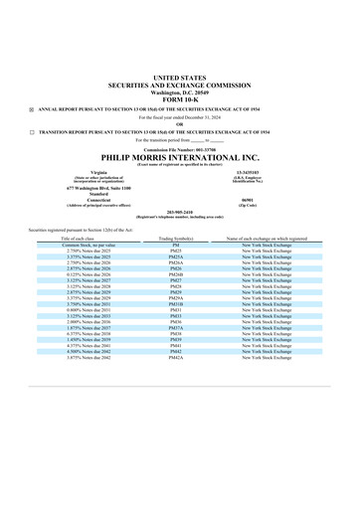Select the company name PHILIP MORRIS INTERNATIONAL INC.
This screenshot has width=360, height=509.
[179, 156]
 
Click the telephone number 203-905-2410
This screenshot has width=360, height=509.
[179, 212]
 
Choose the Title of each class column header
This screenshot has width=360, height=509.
[80, 240]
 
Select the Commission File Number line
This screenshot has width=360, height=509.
[179, 147]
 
